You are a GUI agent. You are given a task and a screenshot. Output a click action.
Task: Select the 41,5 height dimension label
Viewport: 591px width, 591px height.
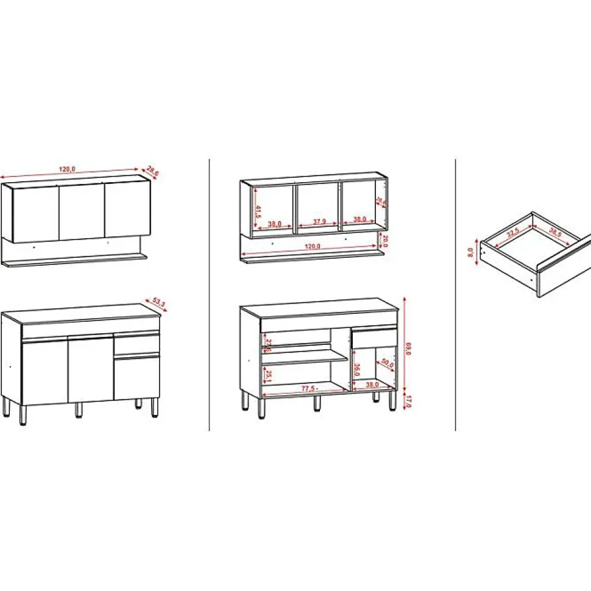click(258, 212)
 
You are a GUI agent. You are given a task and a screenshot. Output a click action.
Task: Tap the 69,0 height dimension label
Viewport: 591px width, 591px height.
click(408, 350)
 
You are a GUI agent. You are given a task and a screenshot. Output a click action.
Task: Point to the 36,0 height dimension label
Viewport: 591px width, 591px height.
click(356, 370)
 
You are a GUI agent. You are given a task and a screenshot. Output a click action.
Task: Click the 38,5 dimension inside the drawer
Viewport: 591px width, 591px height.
click(554, 232)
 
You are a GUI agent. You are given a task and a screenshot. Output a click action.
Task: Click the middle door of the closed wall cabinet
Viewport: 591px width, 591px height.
click(81, 211)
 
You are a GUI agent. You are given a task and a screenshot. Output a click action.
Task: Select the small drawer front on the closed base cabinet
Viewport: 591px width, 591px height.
click(136, 345)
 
